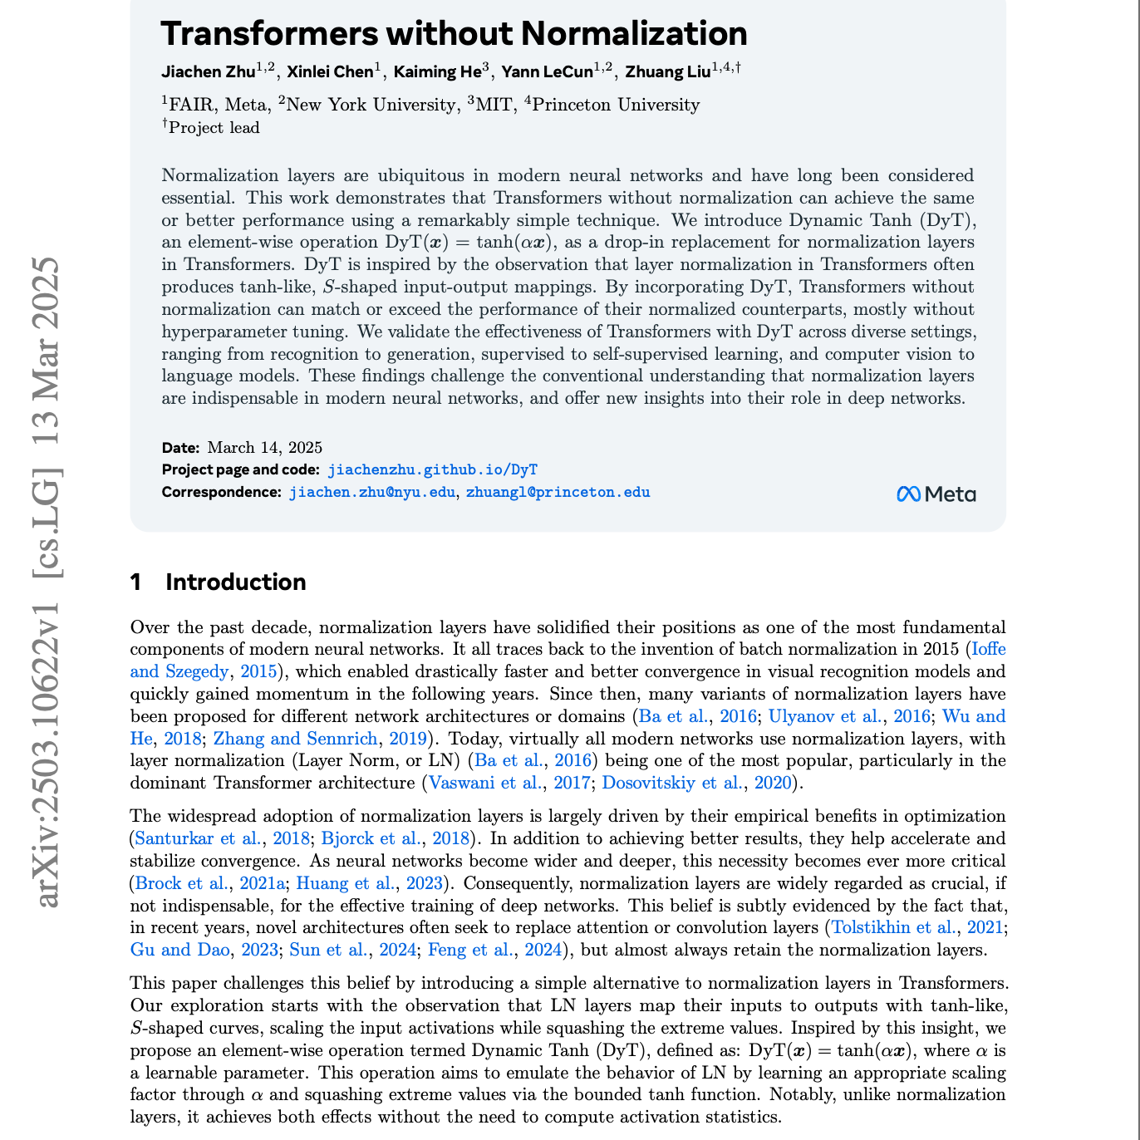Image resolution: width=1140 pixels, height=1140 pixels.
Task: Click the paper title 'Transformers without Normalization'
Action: click(x=454, y=34)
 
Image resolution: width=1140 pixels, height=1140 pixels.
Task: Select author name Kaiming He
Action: click(x=437, y=72)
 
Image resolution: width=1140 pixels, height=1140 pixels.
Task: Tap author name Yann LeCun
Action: click(x=548, y=72)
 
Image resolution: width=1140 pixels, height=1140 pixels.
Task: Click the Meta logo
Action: click(x=936, y=494)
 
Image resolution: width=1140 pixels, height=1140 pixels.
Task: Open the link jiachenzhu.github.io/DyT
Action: click(x=433, y=469)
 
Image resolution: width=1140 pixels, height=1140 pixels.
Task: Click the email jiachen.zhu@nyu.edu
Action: click(x=371, y=492)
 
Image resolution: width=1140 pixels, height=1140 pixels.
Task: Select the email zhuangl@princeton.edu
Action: click(x=558, y=492)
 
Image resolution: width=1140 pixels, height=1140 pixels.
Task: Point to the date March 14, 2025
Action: click(x=264, y=448)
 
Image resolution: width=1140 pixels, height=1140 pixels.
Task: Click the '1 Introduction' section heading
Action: click(x=218, y=582)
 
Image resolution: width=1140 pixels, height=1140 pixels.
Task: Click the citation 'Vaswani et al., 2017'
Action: click(x=509, y=783)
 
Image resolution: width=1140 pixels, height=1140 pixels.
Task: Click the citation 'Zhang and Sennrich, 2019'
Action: click(x=320, y=739)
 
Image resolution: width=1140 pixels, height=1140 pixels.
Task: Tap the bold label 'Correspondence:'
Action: click(x=222, y=492)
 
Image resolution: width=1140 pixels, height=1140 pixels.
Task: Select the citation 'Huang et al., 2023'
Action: click(x=370, y=883)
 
